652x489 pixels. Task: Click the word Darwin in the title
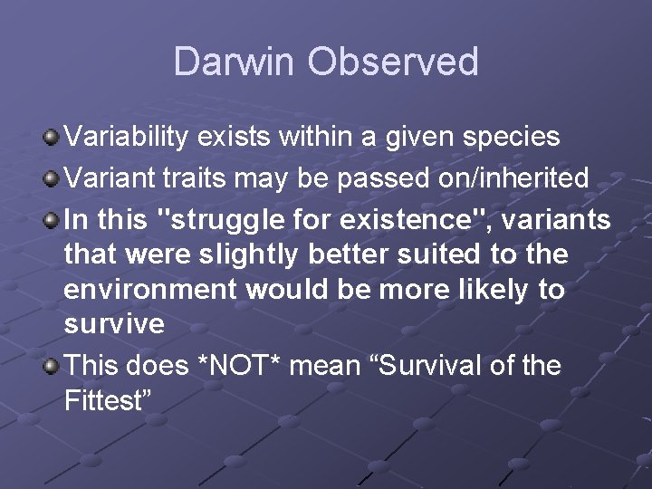pyautogui.click(x=235, y=62)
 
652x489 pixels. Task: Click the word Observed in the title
pyautogui.click(x=392, y=62)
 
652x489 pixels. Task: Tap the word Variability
pyautogui.click(x=126, y=138)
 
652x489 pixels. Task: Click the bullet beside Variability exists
pyautogui.click(x=52, y=138)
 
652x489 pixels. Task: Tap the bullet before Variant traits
pyautogui.click(x=52, y=178)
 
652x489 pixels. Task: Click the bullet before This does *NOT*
pyautogui.click(x=52, y=366)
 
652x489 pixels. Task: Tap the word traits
pyautogui.click(x=193, y=178)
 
